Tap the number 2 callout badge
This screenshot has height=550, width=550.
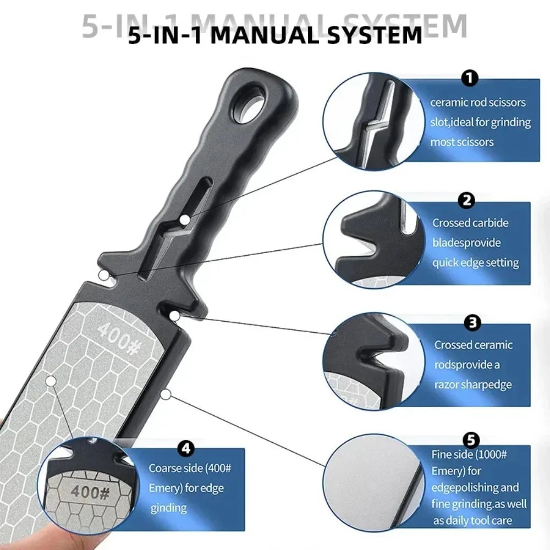click(466, 200)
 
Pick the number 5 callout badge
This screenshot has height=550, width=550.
click(470, 439)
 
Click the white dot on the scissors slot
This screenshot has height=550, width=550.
click(185, 220)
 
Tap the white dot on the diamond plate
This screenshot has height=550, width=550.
click(51, 380)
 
